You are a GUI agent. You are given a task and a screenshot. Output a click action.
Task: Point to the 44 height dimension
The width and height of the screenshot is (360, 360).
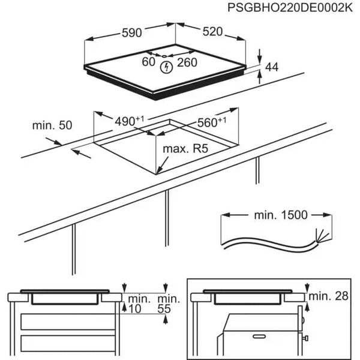coord(272,67)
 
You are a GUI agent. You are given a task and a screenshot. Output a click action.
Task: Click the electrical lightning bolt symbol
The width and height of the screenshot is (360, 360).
coord(167,67)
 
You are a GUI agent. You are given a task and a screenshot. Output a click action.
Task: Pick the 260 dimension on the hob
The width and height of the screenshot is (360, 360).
coord(187,62)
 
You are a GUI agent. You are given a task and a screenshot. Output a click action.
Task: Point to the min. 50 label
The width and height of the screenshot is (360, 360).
coord(52,125)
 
